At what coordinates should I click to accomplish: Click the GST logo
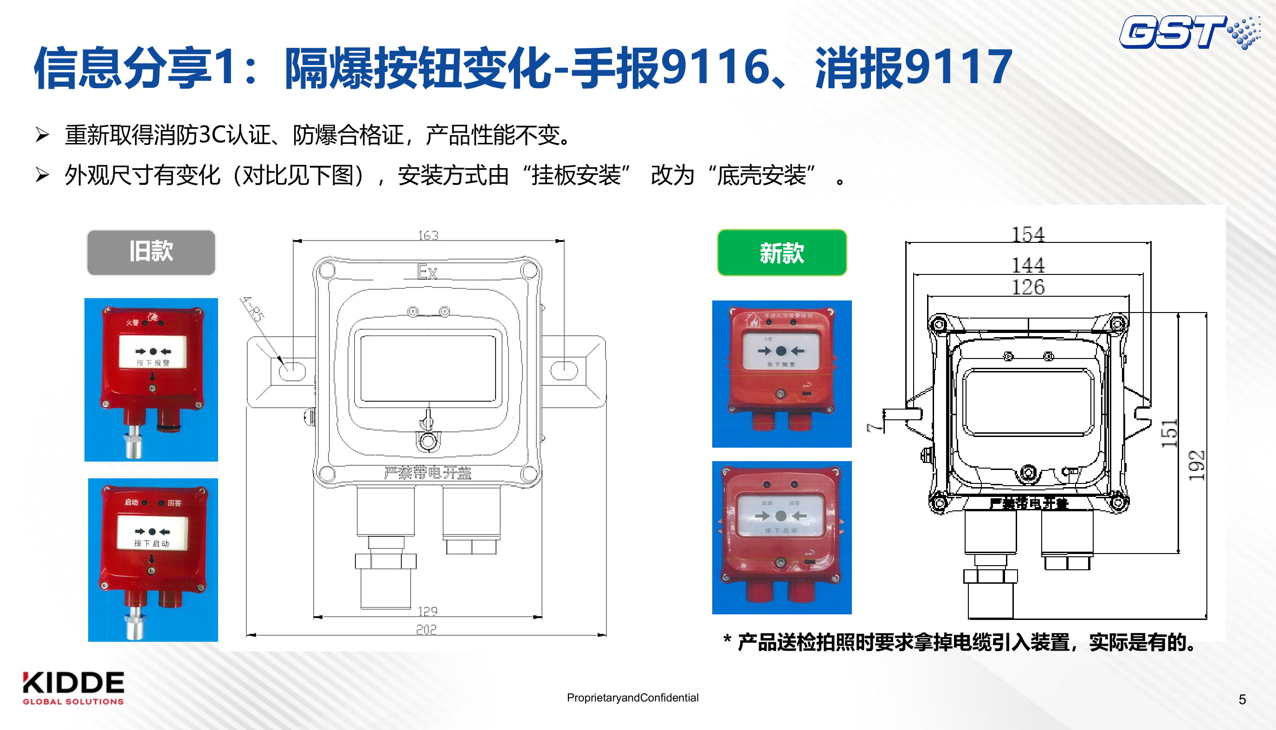tap(1187, 33)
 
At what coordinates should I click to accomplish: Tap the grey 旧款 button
tap(151, 252)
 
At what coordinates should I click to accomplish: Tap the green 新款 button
tap(781, 253)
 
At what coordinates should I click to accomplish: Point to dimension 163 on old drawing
tap(428, 235)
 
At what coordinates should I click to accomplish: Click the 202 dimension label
tap(426, 630)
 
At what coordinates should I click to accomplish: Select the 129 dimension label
tap(427, 611)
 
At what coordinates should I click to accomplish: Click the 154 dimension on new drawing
tap(1028, 235)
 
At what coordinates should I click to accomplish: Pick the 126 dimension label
tap(1028, 287)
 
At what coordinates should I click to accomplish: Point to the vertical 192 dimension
tap(1196, 465)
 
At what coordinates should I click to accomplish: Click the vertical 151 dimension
tap(1169, 434)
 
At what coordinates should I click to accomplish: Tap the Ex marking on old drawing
tap(427, 272)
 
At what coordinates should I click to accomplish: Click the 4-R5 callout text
tap(252, 309)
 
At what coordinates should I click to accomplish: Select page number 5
tap(1242, 699)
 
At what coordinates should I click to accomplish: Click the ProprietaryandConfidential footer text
tap(632, 697)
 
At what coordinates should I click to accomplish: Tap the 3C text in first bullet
tap(212, 135)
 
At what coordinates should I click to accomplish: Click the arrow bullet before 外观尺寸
tap(42, 175)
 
